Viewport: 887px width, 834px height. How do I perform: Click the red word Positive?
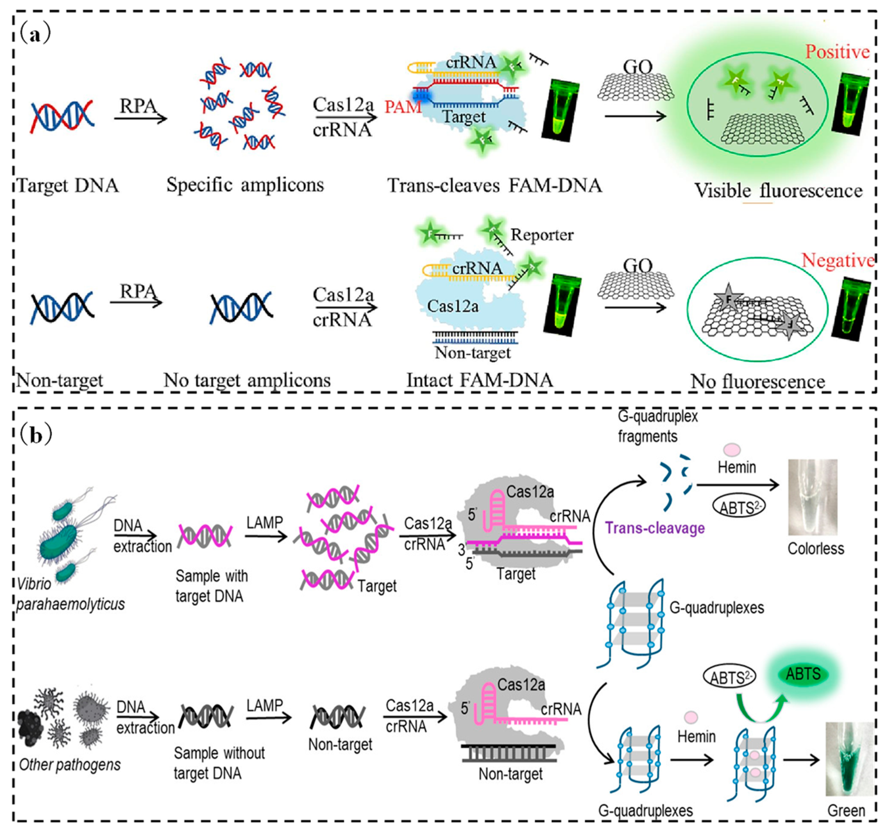click(x=837, y=52)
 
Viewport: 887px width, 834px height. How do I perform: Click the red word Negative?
click(x=837, y=260)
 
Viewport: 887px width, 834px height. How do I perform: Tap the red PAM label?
click(x=403, y=107)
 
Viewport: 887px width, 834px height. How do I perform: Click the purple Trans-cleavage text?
click(x=654, y=528)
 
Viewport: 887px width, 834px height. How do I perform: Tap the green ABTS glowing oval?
click(x=803, y=674)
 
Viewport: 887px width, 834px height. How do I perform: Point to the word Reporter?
click(x=542, y=234)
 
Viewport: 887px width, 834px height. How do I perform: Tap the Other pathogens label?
click(x=70, y=764)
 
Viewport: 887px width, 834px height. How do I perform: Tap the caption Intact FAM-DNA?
click(x=479, y=380)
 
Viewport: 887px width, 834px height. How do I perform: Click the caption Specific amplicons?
click(x=245, y=184)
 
